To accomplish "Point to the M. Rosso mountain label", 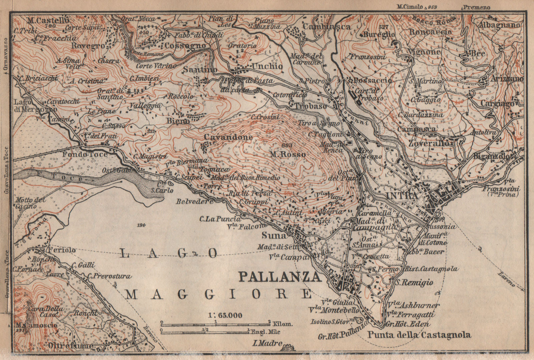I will coord(288,154).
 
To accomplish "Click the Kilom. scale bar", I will coord(216,324).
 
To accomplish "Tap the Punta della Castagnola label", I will coord(419,335).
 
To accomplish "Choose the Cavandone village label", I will coord(228,137).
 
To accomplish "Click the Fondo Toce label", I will coord(85,154).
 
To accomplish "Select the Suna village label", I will coord(274,236).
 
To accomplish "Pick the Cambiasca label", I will coord(327,26).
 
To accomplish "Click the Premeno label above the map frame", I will coord(476,7).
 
